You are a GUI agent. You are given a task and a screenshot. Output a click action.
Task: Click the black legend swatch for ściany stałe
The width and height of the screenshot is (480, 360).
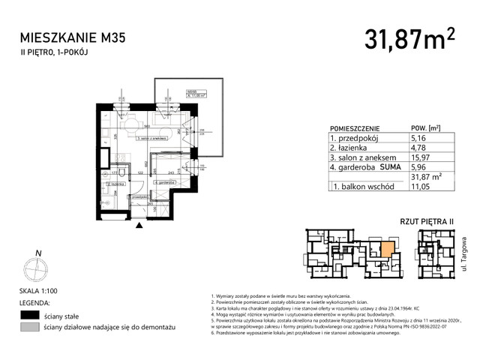point(30,315)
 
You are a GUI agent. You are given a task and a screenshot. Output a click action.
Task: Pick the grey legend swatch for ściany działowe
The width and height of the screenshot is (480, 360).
point(30,328)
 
